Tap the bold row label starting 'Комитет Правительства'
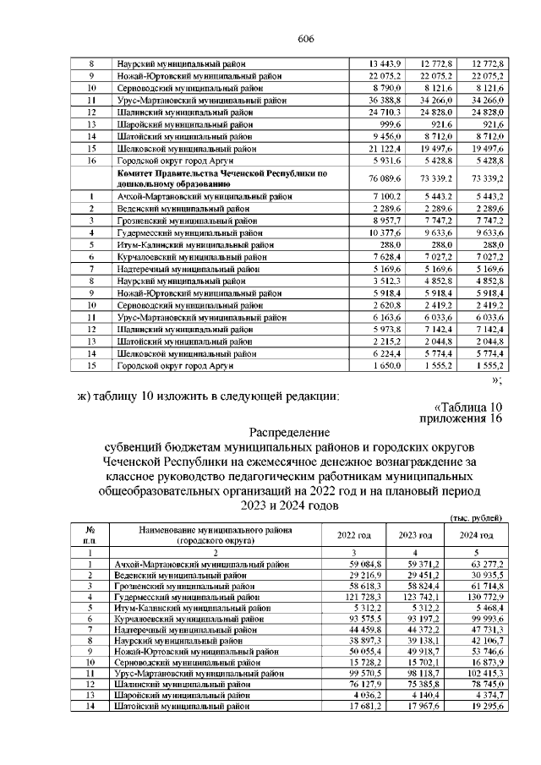(x=221, y=178)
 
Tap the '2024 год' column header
(x=476, y=535)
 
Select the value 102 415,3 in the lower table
(x=478, y=674)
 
